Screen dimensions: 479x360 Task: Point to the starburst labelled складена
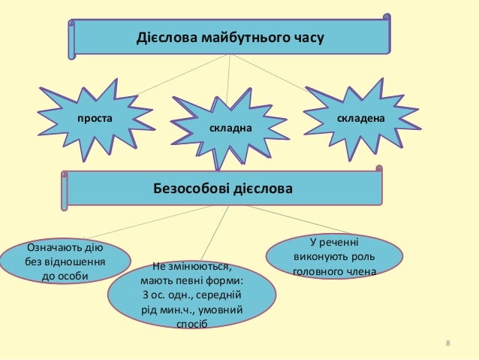[360, 119]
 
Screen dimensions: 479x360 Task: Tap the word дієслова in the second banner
[261, 188]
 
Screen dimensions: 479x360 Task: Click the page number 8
[447, 344]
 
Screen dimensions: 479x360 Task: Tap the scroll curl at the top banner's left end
[71, 38]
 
